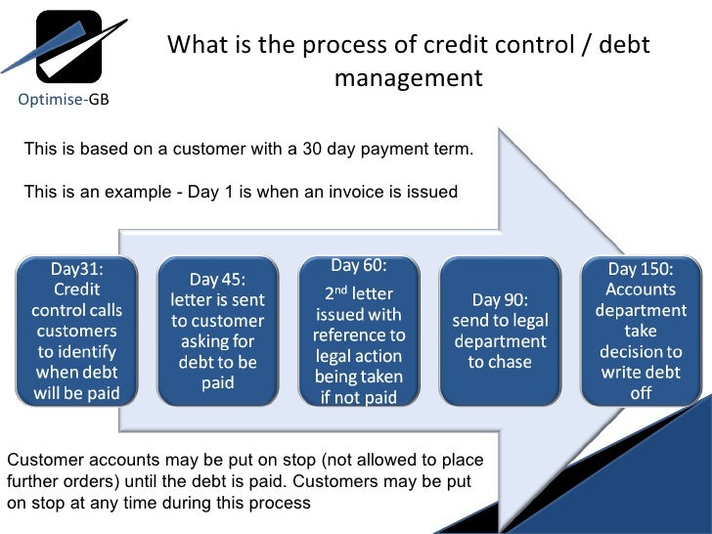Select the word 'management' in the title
pyautogui.click(x=408, y=77)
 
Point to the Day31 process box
pyautogui.click(x=77, y=332)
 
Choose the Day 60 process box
pyautogui.click(x=360, y=332)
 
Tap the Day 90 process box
pyautogui.click(x=500, y=332)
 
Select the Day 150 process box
pyautogui.click(x=641, y=332)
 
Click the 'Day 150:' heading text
pyautogui.click(x=641, y=269)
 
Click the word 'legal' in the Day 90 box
pyautogui.click(x=528, y=321)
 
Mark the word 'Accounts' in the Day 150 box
pyautogui.click(x=641, y=289)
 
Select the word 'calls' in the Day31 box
pyautogui.click(x=104, y=310)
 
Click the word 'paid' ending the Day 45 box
pyautogui.click(x=217, y=382)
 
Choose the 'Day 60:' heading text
pyautogui.click(x=359, y=266)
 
